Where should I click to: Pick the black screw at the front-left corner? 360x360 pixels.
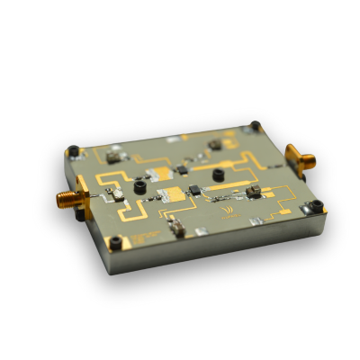[x=115, y=241]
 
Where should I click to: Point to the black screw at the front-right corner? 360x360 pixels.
[x=315, y=208]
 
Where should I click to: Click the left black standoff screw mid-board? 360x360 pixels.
[x=140, y=187]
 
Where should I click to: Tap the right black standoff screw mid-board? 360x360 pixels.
[x=219, y=169]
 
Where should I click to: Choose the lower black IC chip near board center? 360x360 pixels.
[x=192, y=190]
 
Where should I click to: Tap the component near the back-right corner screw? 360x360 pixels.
[x=214, y=143]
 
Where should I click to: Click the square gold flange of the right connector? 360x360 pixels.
[x=292, y=157]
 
